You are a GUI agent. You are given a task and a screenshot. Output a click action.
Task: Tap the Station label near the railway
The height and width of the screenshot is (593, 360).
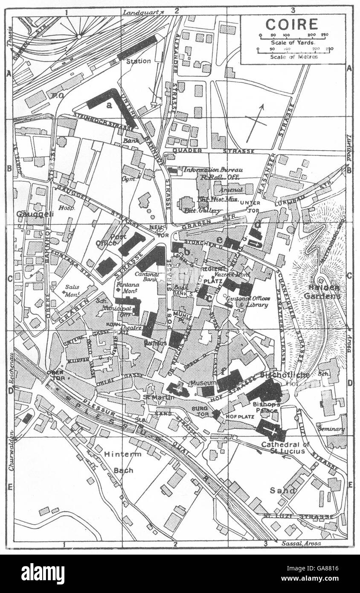pyautogui.click(x=138, y=61)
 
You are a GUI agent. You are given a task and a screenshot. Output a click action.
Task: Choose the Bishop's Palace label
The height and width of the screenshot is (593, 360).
pyautogui.click(x=265, y=407)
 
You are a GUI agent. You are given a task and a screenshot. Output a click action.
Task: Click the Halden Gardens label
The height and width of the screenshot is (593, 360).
pyautogui.click(x=322, y=292)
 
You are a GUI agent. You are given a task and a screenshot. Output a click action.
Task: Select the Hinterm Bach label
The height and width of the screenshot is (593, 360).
pyautogui.click(x=123, y=462)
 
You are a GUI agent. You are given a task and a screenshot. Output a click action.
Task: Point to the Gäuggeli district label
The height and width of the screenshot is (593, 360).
pyautogui.click(x=35, y=213)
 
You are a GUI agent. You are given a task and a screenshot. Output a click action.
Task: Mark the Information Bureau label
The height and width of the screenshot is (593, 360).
pyautogui.click(x=207, y=170)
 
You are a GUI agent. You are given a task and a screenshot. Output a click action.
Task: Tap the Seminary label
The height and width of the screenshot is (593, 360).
pyautogui.click(x=331, y=429)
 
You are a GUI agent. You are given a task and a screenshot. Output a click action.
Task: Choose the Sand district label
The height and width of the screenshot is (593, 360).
pyautogui.click(x=282, y=490)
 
